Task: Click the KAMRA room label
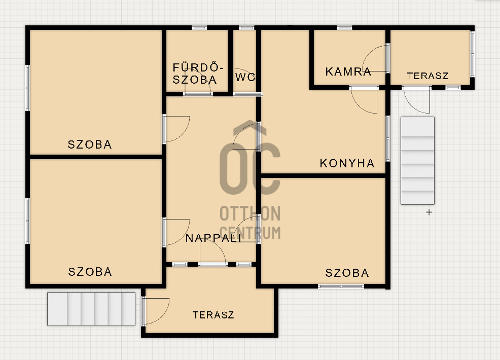348,71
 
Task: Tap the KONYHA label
347,163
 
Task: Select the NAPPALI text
213,238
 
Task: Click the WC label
245,77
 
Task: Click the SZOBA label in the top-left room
90,145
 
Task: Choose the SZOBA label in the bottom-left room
90,272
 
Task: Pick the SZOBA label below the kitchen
347,273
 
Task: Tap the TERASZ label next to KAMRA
427,76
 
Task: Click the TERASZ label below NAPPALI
213,315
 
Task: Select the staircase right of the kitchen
417,161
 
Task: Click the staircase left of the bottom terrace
91,309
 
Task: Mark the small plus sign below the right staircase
429,212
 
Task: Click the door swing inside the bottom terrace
163,316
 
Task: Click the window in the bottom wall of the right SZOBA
341,286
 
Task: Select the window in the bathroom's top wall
199,28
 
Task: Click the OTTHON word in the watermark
250,213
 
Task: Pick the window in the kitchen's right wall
388,138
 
